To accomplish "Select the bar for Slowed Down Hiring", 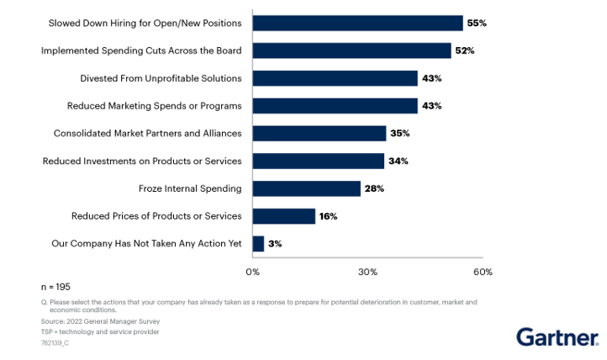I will [x=357, y=23].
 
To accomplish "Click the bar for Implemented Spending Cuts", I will [x=351, y=50].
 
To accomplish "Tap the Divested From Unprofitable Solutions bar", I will [x=335, y=78].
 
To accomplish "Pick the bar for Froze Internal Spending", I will [x=306, y=188].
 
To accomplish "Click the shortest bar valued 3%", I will [x=258, y=244].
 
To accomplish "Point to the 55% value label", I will [x=478, y=23].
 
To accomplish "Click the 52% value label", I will [x=465, y=50].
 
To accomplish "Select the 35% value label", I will [x=400, y=133].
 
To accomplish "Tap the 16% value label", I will [x=328, y=216].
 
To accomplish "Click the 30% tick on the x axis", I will [x=367, y=272].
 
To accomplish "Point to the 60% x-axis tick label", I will [x=483, y=272].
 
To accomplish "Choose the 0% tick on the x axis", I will [x=252, y=272].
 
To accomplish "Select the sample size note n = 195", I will [x=58, y=287].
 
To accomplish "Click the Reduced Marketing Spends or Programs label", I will [x=154, y=106].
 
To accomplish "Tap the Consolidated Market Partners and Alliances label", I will [x=147, y=133].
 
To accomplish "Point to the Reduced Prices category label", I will [x=156, y=216].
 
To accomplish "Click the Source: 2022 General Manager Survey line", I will [x=88, y=321].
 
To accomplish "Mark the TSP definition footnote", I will [x=88, y=331].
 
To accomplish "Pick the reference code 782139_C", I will [x=55, y=342].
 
